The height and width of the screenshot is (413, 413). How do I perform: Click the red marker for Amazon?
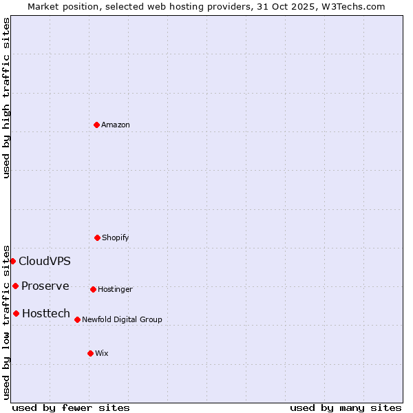96,125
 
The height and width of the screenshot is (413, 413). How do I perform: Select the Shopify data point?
97,237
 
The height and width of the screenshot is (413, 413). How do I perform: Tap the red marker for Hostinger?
93,289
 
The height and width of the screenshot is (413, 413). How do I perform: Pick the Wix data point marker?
90,353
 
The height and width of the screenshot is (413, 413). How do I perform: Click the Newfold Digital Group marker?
77,319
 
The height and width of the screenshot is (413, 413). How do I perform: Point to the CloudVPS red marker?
12,261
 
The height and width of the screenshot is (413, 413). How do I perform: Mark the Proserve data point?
15,286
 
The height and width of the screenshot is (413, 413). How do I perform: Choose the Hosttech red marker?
16,313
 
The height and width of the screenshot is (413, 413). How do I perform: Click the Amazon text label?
116,125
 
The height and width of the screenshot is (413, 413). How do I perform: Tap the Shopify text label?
116,237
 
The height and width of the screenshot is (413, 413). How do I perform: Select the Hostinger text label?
115,289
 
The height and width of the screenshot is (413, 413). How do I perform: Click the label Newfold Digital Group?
122,319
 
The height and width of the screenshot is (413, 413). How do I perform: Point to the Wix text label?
102,353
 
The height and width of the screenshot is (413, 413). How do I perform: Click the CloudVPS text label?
45,261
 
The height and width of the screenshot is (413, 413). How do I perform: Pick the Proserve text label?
45,286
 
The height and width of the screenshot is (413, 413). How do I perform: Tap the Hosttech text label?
46,313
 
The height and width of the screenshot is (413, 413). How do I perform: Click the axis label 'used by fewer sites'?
71,407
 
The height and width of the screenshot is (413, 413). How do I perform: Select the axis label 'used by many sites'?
346,407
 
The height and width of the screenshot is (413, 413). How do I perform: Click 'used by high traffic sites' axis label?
6,97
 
